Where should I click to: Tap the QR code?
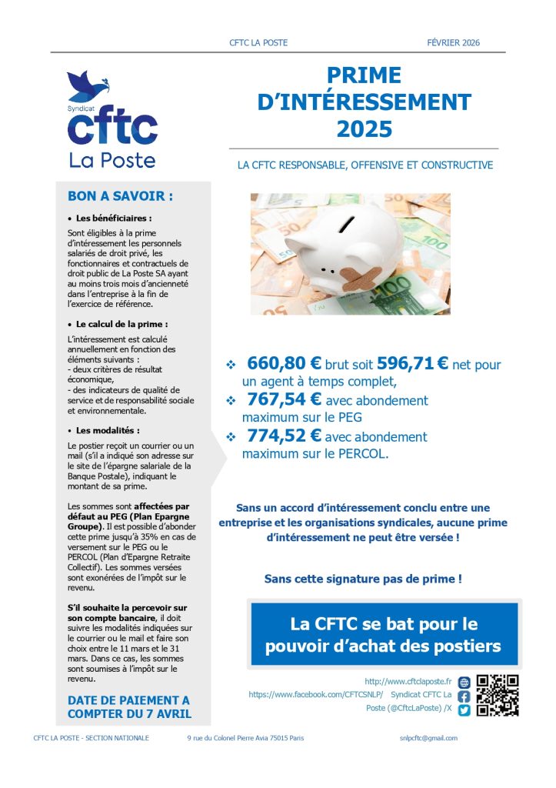pyautogui.click(x=498, y=695)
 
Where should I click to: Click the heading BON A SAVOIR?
pyautogui.click(x=120, y=195)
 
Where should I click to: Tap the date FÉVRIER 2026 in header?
pyautogui.click(x=453, y=43)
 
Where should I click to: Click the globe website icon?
pyautogui.click(x=464, y=682)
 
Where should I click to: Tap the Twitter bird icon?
pyautogui.click(x=464, y=710)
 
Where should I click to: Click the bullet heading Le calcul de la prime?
pyautogui.click(x=122, y=324)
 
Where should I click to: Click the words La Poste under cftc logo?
pyautogui.click(x=112, y=160)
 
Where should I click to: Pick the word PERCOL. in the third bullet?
pyautogui.click(x=362, y=454)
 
